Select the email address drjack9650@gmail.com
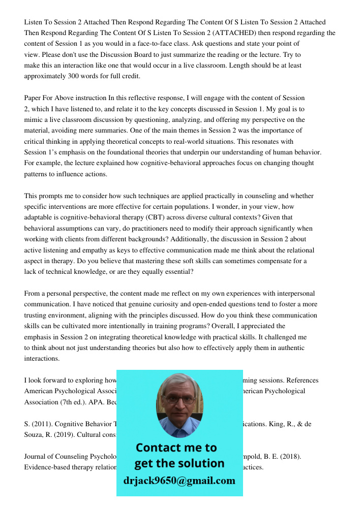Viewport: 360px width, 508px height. click(x=179, y=481)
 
